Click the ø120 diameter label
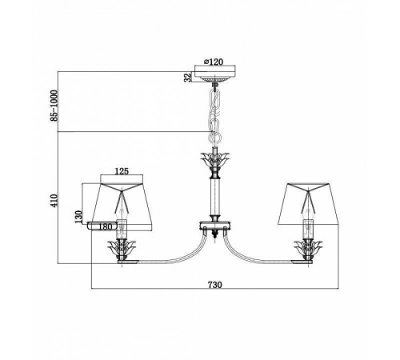point(213,62)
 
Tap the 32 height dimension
point(188,78)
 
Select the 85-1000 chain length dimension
point(54,106)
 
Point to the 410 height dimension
point(54,200)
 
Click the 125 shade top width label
point(122,171)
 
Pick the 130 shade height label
point(78,217)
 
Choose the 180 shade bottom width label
point(105,227)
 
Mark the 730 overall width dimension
point(214,285)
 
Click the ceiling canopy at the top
point(215,74)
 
